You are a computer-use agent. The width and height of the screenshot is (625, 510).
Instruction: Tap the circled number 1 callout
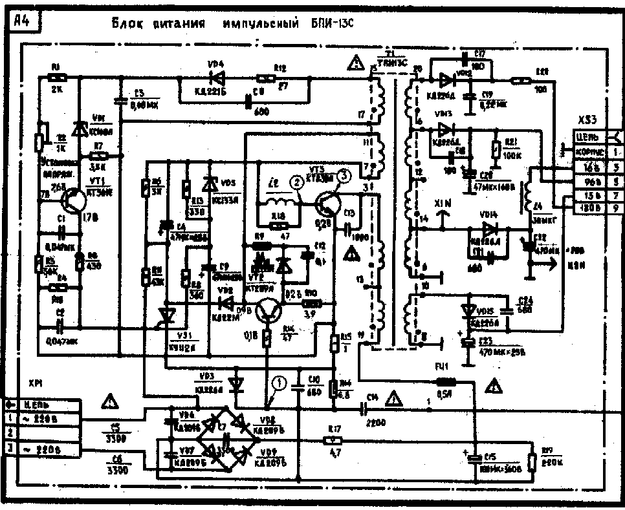pyautogui.click(x=279, y=383)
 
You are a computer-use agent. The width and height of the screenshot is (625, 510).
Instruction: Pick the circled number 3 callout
pyautogui.click(x=344, y=175)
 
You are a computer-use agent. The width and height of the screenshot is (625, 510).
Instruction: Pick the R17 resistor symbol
pyautogui.click(x=333, y=440)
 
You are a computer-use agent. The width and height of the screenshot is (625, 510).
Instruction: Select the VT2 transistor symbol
pyautogui.click(x=267, y=312)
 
